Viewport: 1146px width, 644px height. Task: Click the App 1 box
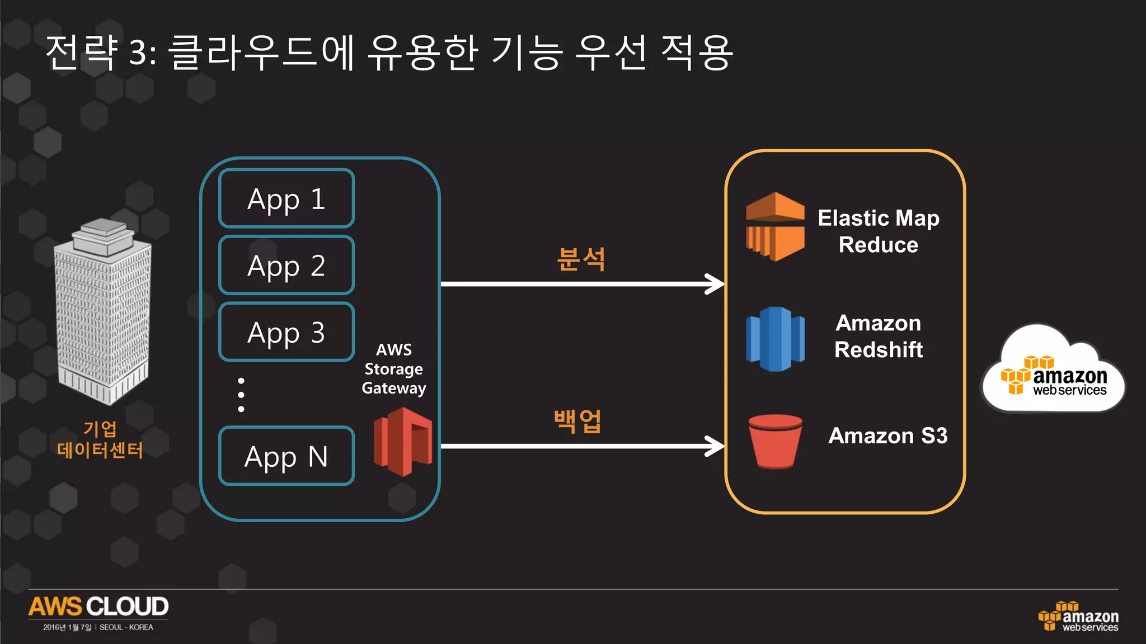[x=286, y=198]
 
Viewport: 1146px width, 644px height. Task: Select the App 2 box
[x=286, y=265]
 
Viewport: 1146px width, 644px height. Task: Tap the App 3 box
[x=286, y=332]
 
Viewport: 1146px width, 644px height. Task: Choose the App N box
[x=286, y=456]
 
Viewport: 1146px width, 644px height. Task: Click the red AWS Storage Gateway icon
[x=403, y=442]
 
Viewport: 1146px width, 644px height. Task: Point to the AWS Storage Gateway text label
[x=394, y=369]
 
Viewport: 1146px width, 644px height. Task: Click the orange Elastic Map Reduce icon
[x=775, y=226]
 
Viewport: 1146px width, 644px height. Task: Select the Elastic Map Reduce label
[x=878, y=231]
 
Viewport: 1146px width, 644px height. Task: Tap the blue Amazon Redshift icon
[x=775, y=339]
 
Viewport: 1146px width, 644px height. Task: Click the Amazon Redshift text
[x=878, y=336]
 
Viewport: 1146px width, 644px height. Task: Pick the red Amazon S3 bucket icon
[x=775, y=441]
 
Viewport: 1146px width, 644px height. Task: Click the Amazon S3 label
[x=887, y=435]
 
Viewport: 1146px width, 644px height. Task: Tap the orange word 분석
[x=581, y=259]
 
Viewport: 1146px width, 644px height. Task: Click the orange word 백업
[x=577, y=421]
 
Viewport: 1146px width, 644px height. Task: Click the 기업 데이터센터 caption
[x=100, y=439]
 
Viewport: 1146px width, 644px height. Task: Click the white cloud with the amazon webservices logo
[x=1054, y=372]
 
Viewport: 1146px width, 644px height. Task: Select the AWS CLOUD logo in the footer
[x=98, y=607]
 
